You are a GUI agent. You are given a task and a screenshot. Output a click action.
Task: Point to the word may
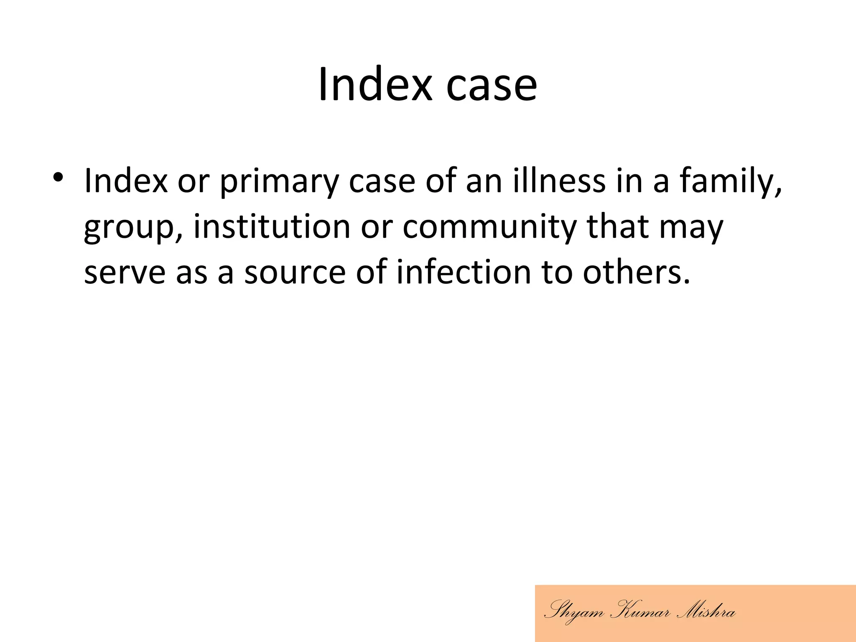691,228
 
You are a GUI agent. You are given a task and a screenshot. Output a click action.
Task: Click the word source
295,273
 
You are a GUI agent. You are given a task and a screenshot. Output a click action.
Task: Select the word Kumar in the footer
640,612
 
